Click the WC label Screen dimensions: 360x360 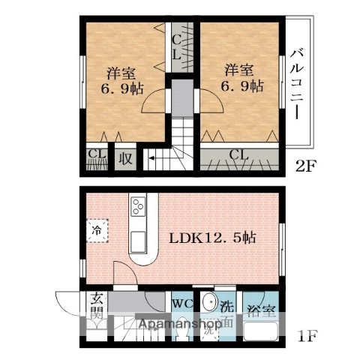pos(182,304)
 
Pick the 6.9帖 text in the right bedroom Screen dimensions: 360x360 pos(241,86)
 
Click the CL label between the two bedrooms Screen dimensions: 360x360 pos(177,46)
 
